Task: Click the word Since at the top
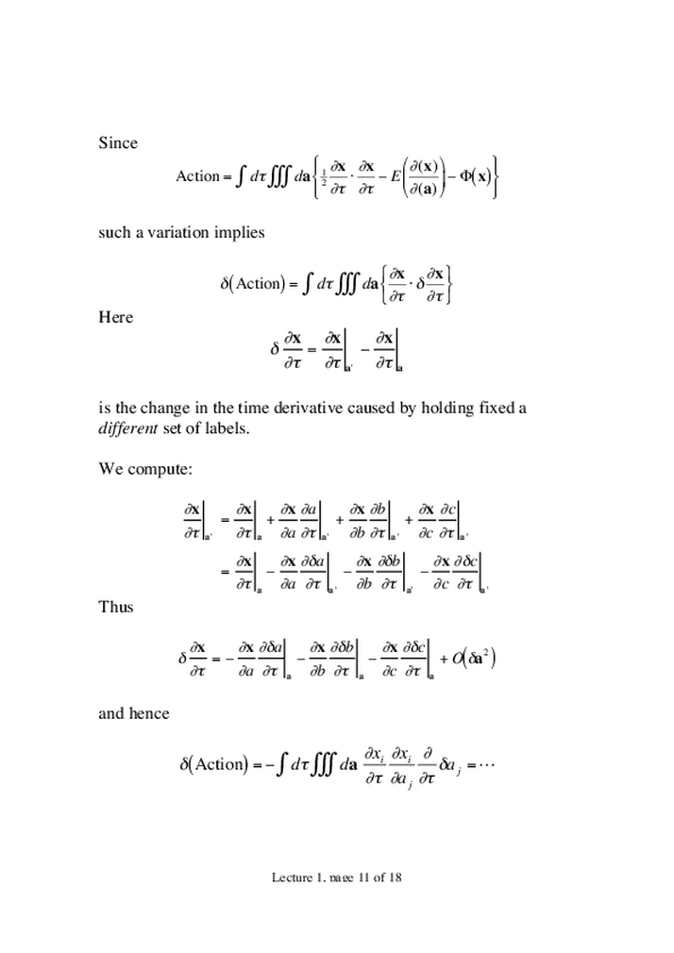click(x=118, y=143)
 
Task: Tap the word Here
click(x=116, y=317)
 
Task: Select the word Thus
click(x=116, y=607)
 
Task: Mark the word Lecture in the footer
click(x=292, y=877)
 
